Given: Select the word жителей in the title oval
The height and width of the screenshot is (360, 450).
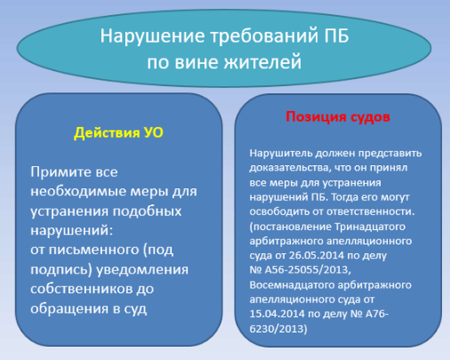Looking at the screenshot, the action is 262,62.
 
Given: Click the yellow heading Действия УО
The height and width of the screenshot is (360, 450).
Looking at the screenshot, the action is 118,132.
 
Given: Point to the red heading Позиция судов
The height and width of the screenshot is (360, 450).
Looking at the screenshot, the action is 338,116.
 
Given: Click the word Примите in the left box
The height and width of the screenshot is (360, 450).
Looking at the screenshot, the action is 57,172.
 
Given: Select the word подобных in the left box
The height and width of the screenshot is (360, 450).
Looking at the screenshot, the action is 147,211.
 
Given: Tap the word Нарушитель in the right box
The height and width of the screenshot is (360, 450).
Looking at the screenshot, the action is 280,153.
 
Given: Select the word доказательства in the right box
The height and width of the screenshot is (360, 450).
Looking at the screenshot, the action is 290,168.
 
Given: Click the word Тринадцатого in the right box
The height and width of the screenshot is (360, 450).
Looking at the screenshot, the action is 370,227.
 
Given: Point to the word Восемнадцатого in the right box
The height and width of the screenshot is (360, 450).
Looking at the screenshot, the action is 292,285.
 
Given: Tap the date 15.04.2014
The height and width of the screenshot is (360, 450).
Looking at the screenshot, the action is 277,314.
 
